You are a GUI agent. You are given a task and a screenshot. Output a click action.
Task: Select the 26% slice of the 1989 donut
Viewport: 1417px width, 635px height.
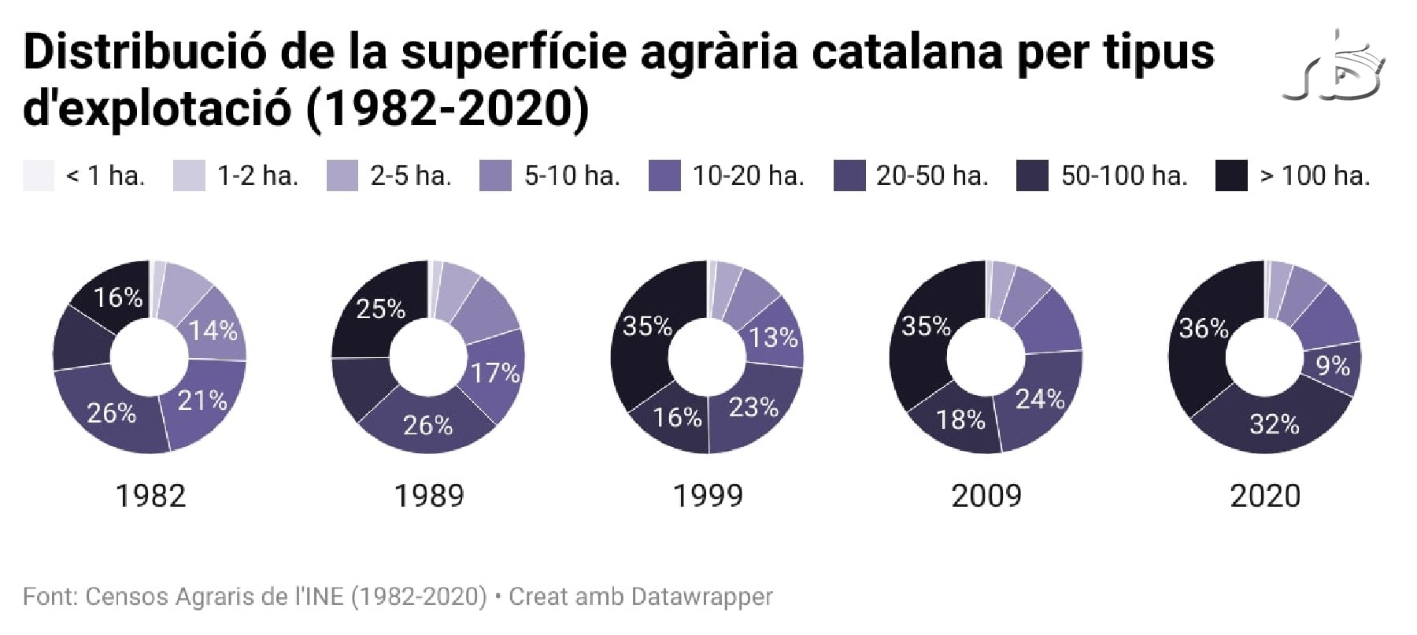[x=427, y=425]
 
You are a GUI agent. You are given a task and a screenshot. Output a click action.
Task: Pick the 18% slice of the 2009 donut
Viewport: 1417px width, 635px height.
[x=960, y=419]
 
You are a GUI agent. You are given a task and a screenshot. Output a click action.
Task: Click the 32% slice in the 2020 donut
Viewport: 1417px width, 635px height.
[x=1274, y=425]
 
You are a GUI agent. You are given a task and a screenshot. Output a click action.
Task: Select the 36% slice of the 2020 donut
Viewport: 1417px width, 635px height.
[x=1203, y=329]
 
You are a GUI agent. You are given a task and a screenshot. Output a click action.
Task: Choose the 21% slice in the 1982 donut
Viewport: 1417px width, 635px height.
[x=202, y=401]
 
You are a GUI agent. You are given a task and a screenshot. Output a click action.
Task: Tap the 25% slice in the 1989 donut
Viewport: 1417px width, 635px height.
[x=380, y=308]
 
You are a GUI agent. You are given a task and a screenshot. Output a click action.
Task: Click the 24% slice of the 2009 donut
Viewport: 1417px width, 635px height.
[x=1039, y=400]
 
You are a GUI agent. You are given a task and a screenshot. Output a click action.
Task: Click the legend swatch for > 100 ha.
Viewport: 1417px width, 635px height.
[x=1231, y=175]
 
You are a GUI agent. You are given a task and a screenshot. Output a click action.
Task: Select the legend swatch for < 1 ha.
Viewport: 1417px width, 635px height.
[x=39, y=175]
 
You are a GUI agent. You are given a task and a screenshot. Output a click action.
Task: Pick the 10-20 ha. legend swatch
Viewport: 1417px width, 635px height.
[x=664, y=175]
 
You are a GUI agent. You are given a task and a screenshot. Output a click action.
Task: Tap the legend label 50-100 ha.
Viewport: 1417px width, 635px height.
[x=1123, y=175]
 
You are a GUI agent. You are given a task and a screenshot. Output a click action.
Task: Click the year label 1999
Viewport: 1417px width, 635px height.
[x=708, y=496]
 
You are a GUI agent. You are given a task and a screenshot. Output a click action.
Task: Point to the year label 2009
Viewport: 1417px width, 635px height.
[x=986, y=496]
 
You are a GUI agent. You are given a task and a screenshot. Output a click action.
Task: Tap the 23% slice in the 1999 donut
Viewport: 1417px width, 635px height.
[x=753, y=408]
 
